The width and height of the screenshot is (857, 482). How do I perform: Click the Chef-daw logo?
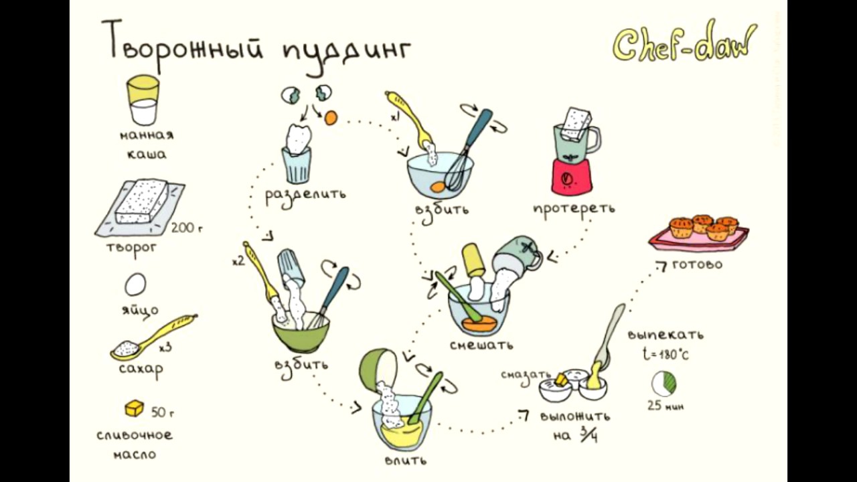tap(685, 42)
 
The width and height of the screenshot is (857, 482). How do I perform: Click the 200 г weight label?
tap(186, 228)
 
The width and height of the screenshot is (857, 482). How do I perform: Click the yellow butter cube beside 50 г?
tap(134, 408)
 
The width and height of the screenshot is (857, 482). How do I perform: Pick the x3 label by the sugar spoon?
tap(165, 347)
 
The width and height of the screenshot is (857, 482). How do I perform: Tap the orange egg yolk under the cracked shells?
tap(330, 117)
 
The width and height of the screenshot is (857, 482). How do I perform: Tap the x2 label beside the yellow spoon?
tap(238, 261)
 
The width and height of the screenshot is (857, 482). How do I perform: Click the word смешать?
tap(481, 345)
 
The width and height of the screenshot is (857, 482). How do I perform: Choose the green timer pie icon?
tap(664, 384)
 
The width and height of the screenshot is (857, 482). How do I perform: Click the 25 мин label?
tap(666, 406)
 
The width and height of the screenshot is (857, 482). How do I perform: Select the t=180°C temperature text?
tap(666, 355)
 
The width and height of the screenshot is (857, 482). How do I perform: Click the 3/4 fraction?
tap(589, 434)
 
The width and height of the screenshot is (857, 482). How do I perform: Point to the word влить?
tap(405, 460)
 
